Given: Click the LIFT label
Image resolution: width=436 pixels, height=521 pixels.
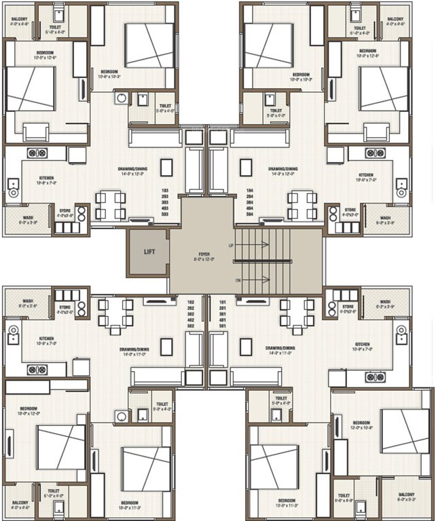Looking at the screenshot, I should point(149,252).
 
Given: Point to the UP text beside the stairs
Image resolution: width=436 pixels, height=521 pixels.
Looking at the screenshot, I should point(231,244).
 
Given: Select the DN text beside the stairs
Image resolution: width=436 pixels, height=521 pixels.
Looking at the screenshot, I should point(231,279).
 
